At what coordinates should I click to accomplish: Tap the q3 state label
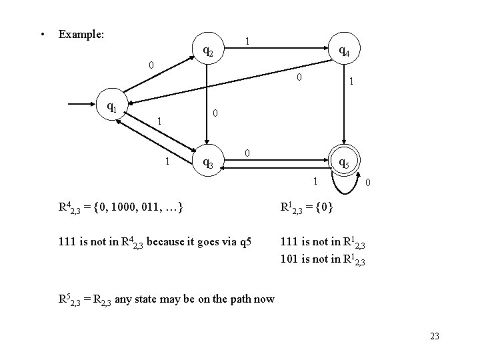pyautogui.click(x=207, y=163)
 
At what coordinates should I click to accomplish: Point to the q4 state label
pyautogui.click(x=345, y=49)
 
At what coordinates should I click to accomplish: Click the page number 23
pyautogui.click(x=435, y=336)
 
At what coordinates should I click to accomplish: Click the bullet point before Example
pyautogui.click(x=42, y=33)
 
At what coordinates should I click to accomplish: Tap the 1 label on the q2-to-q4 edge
pyautogui.click(x=247, y=42)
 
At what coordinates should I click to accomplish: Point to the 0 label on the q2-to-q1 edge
pyautogui.click(x=151, y=65)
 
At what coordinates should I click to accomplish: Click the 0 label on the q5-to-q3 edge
pyautogui.click(x=247, y=154)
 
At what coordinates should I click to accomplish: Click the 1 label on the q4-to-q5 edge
pyautogui.click(x=351, y=82)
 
